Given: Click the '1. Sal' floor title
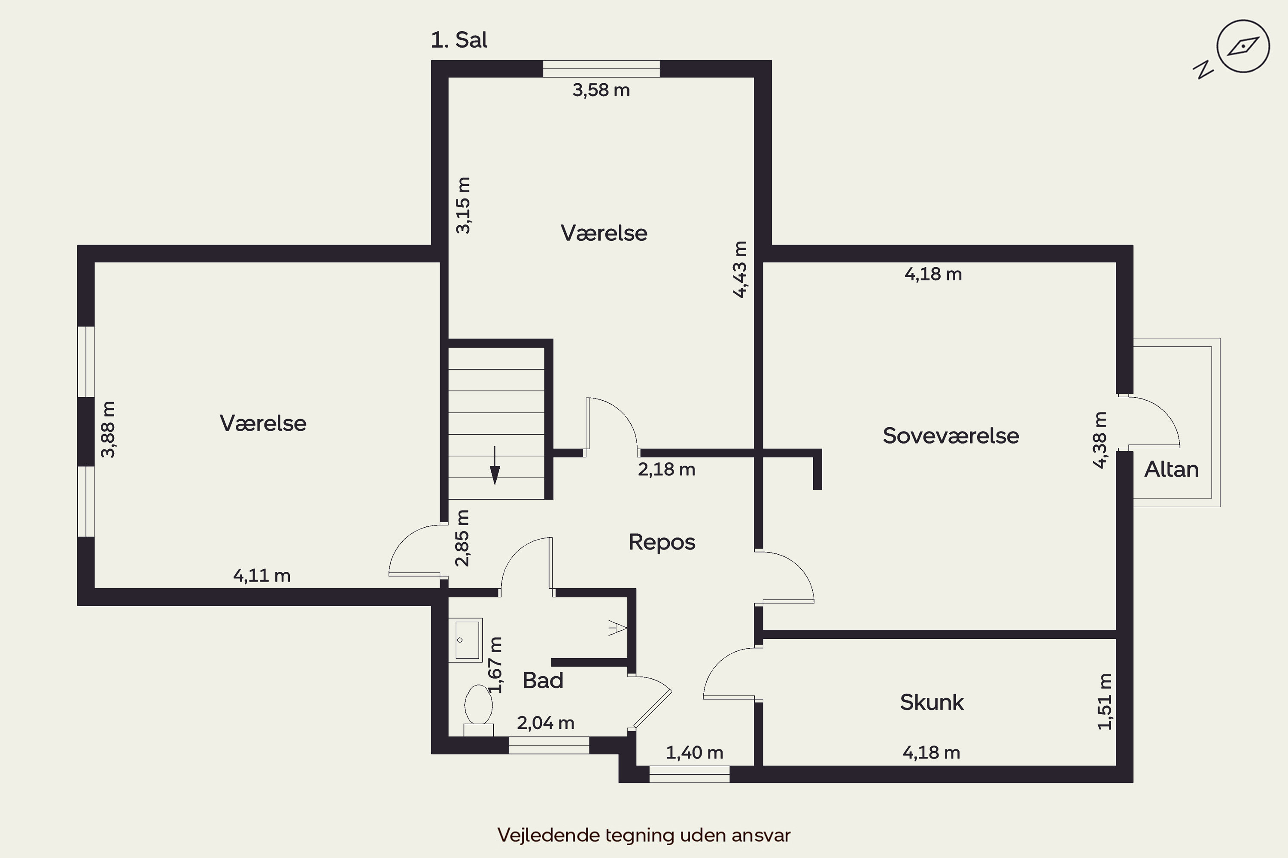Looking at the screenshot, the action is (459, 40).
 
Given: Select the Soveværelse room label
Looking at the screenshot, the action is (951, 435).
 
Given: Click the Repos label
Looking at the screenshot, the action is (662, 542).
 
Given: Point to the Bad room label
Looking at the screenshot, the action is (543, 680).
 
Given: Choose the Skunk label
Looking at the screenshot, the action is (932, 702).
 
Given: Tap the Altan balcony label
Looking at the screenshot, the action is (1171, 469).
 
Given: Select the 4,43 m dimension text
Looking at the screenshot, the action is (739, 269).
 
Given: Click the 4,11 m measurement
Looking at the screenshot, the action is (262, 576).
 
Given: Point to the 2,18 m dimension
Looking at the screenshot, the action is (666, 469).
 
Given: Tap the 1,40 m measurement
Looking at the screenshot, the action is (694, 753).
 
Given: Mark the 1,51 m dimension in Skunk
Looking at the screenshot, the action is (1105, 702).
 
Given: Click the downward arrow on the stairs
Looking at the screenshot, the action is (495, 465).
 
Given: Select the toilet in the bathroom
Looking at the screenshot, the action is (479, 710).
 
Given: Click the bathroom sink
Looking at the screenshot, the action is (465, 640).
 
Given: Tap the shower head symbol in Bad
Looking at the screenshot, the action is (618, 628).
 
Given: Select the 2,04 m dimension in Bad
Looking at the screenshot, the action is (545, 723).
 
